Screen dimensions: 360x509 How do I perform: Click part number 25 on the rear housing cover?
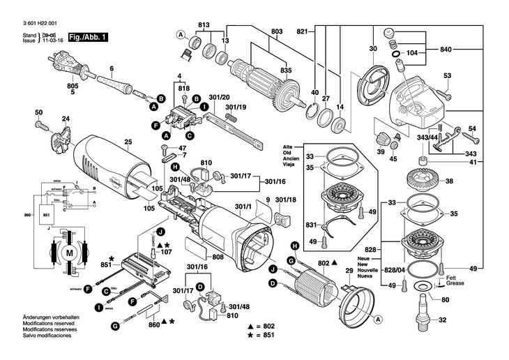coord(128,142)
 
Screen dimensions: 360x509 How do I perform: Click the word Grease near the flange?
coord(446,285)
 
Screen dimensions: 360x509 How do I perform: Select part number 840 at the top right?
coord(446,50)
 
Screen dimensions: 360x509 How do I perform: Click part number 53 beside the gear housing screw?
coord(447,75)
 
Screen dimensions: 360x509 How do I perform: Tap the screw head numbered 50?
coord(39,113)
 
